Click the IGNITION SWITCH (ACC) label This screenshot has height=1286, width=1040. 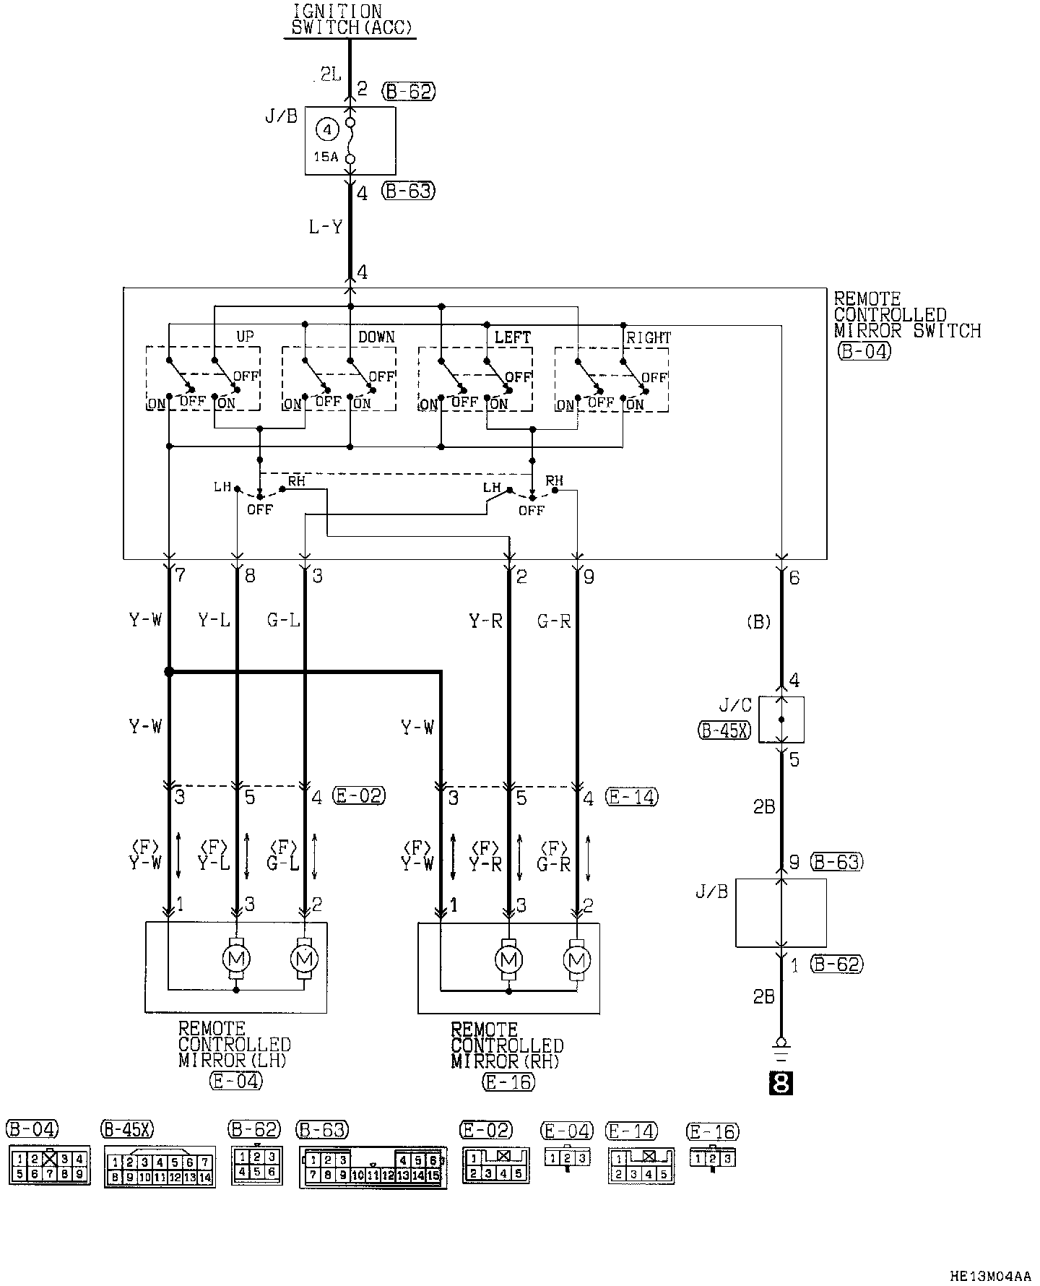coord(351,20)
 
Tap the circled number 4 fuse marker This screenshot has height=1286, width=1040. coord(329,130)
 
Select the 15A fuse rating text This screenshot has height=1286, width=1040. coord(326,155)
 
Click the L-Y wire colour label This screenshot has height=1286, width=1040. coord(325,227)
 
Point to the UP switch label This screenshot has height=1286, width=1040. coord(246,337)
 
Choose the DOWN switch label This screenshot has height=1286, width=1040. coord(376,337)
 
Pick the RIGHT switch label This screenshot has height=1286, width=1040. coord(648,337)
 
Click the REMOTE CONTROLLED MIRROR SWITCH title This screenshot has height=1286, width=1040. coord(907,315)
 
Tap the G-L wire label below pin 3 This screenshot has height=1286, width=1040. coord(283,620)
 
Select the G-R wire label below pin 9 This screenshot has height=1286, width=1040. coord(554,621)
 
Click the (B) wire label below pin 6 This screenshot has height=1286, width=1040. coord(758,621)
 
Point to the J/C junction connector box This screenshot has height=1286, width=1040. coord(781,720)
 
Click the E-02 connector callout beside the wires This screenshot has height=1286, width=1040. coord(359,796)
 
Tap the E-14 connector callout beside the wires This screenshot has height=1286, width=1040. coord(632,796)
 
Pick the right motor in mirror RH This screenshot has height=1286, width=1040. coord(576,959)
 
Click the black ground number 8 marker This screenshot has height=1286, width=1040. coord(781,1084)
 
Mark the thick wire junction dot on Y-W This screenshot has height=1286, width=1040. coord(168,672)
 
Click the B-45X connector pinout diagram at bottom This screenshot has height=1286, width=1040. coord(160,1167)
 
